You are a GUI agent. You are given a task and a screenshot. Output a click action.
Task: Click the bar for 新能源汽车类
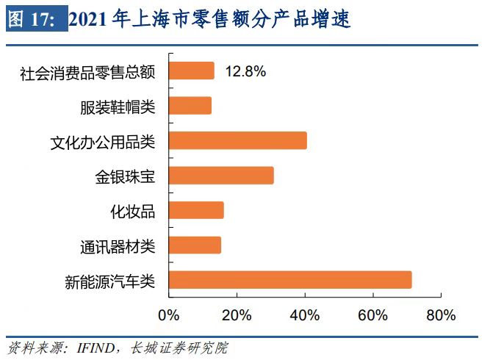[290, 280]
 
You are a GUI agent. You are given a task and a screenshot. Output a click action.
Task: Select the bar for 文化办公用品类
[237, 140]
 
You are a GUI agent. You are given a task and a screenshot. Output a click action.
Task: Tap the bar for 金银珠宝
[221, 176]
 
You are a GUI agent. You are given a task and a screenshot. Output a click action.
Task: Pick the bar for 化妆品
[196, 210]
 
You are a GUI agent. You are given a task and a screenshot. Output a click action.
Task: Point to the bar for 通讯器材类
[195, 245]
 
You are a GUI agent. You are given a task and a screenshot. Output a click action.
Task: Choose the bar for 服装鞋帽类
[190, 106]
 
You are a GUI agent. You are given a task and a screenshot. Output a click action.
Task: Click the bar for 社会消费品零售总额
[192, 71]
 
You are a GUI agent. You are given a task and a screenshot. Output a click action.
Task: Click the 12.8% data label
[245, 71]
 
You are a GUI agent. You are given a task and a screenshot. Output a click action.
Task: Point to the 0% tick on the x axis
[169, 315]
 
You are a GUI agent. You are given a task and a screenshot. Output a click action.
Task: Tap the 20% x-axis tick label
[237, 315]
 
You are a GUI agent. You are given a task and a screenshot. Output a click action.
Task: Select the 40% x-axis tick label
[305, 315]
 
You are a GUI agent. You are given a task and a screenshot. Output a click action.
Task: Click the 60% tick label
[372, 315]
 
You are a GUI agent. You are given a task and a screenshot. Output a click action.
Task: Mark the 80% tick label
[441, 315]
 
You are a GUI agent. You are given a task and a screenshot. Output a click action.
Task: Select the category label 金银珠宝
[126, 176]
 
